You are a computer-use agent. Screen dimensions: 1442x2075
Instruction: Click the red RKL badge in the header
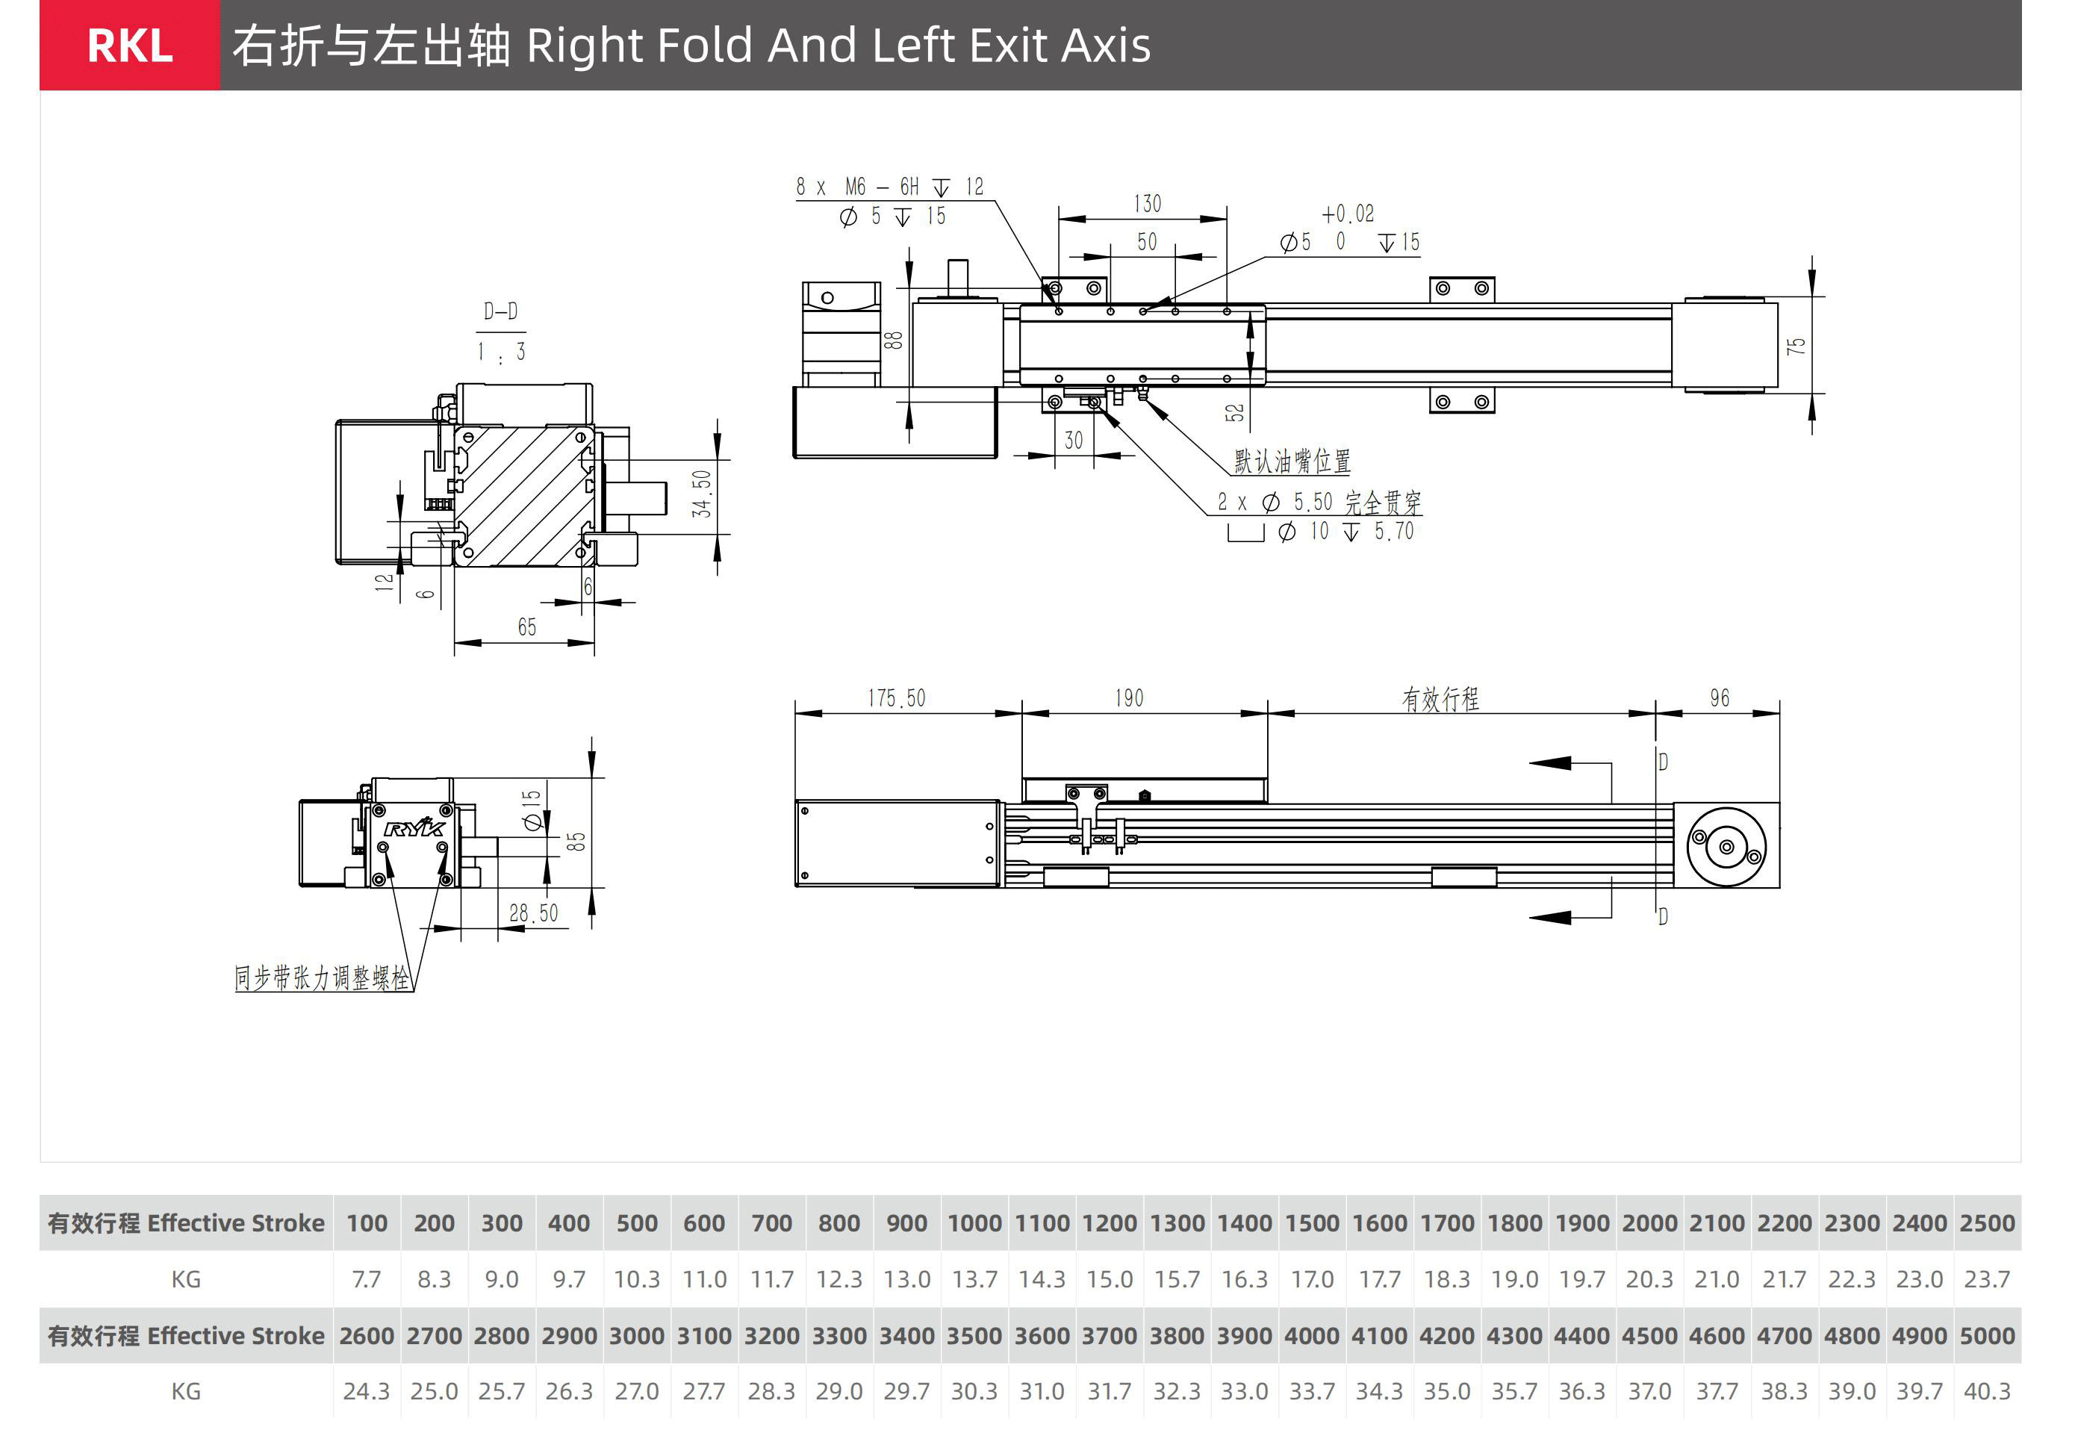point(129,45)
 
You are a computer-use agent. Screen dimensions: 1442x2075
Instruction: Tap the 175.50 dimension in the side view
point(896,698)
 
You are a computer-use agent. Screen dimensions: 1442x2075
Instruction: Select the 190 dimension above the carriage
point(1128,698)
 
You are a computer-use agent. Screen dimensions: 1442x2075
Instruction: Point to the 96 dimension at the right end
point(1719,698)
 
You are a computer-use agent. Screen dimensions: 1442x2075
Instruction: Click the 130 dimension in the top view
point(1147,204)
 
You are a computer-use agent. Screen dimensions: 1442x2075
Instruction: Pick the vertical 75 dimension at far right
point(1796,345)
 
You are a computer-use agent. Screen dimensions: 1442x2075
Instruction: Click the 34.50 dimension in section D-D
point(702,494)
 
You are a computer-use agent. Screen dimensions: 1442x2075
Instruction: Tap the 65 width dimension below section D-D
point(526,627)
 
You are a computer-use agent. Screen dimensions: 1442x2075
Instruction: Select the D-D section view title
point(500,311)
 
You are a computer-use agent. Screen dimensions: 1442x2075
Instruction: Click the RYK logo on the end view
point(414,828)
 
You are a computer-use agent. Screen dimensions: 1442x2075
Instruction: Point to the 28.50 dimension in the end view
point(534,913)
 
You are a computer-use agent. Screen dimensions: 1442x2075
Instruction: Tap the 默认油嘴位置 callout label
point(1292,461)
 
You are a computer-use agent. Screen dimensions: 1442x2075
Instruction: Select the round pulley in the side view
point(1726,847)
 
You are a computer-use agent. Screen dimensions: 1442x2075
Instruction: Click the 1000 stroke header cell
point(974,1223)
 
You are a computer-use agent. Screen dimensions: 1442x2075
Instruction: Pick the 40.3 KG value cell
point(1986,1391)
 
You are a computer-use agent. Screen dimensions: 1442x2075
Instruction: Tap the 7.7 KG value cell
point(366,1279)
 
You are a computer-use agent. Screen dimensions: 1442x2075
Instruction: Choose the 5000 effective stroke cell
point(1986,1335)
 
